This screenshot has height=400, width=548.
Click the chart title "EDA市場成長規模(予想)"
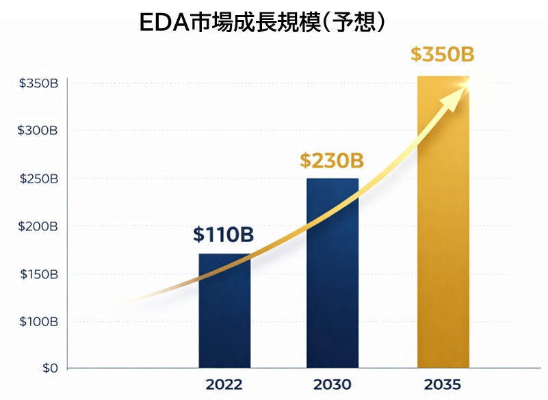click(264, 23)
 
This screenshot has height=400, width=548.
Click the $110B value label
click(223, 235)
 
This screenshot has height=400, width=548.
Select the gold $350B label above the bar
click(443, 54)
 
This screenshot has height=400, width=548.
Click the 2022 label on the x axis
click(224, 384)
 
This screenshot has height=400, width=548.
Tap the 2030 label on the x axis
click(332, 384)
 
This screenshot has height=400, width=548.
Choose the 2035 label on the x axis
click(443, 384)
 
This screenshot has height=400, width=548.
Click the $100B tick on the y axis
click(38, 321)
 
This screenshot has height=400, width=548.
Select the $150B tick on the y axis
click(38, 274)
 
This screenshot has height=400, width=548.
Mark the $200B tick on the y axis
click(38, 226)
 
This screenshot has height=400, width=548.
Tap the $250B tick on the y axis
click(38, 178)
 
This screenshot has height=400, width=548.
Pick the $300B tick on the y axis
click(38, 131)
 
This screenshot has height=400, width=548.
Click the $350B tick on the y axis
click(38, 83)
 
